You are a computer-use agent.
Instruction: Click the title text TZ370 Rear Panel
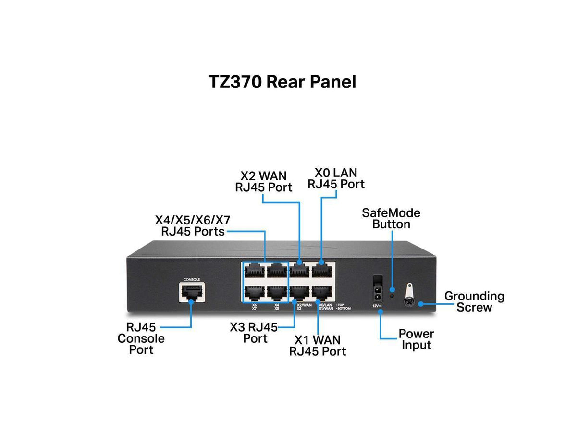coord(282,82)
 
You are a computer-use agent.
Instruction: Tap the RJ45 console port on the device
coord(192,292)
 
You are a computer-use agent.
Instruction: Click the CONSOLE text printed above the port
coord(192,279)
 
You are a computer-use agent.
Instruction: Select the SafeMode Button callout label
coord(391,218)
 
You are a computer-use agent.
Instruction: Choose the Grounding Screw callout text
coord(474,301)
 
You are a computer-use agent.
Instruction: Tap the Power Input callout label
coord(416,339)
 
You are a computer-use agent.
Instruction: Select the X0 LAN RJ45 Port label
coord(336,178)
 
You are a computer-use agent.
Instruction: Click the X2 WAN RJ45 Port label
coord(263,181)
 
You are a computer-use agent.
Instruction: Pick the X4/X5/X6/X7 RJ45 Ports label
coord(192,226)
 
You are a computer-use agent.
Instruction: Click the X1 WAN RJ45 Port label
coord(317,345)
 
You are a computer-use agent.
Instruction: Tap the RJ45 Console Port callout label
coord(141,338)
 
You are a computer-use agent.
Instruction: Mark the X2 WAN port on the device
coord(299,271)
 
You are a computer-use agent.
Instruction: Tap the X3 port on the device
coord(299,292)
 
